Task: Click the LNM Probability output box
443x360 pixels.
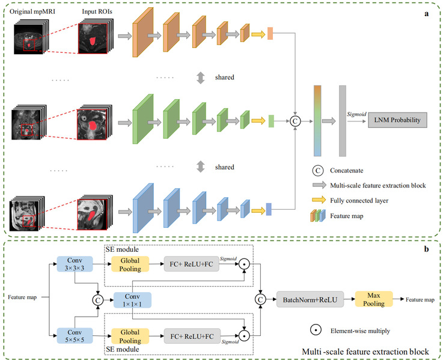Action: (397, 120)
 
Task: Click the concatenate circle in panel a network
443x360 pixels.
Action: (295, 120)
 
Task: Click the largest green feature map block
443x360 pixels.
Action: (143, 120)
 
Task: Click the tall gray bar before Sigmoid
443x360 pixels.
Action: (343, 120)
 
